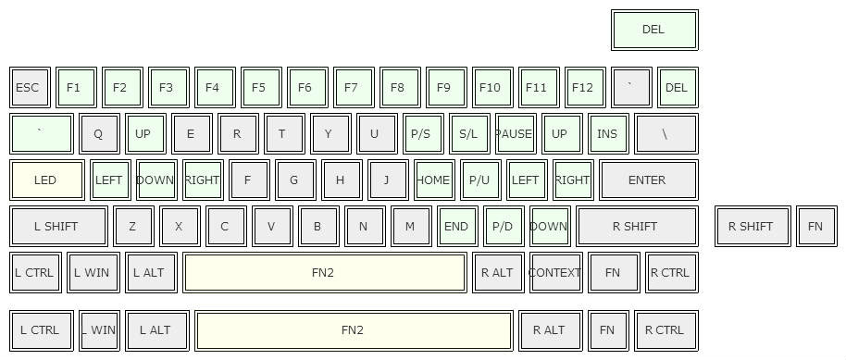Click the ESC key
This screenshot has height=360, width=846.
pyautogui.click(x=29, y=88)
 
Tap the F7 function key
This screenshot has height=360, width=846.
pyautogui.click(x=352, y=88)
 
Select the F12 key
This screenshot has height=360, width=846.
pyautogui.click(x=583, y=88)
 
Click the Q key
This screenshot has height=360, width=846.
pyautogui.click(x=98, y=133)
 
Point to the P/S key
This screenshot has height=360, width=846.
pyautogui.click(x=421, y=133)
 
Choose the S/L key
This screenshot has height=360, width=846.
pyautogui.click(x=468, y=133)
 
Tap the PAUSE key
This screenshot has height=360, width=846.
pyautogui.click(x=515, y=133)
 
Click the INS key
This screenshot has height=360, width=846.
pyautogui.click(x=607, y=133)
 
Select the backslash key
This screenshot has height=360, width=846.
pyautogui.click(x=666, y=133)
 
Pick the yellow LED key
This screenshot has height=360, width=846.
pyautogui.click(x=45, y=180)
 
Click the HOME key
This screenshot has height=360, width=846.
pyautogui.click(x=433, y=180)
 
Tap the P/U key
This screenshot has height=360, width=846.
pyautogui.click(x=479, y=180)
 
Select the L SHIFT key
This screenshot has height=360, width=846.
pyautogui.click(x=56, y=226)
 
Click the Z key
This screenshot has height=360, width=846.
pyautogui.click(x=133, y=226)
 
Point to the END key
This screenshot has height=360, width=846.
pyautogui.click(x=456, y=226)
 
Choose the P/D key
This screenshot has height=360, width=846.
pyautogui.click(x=503, y=226)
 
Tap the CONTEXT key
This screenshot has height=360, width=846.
pyautogui.click(x=555, y=272)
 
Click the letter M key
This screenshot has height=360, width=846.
pyautogui.click(x=410, y=226)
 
